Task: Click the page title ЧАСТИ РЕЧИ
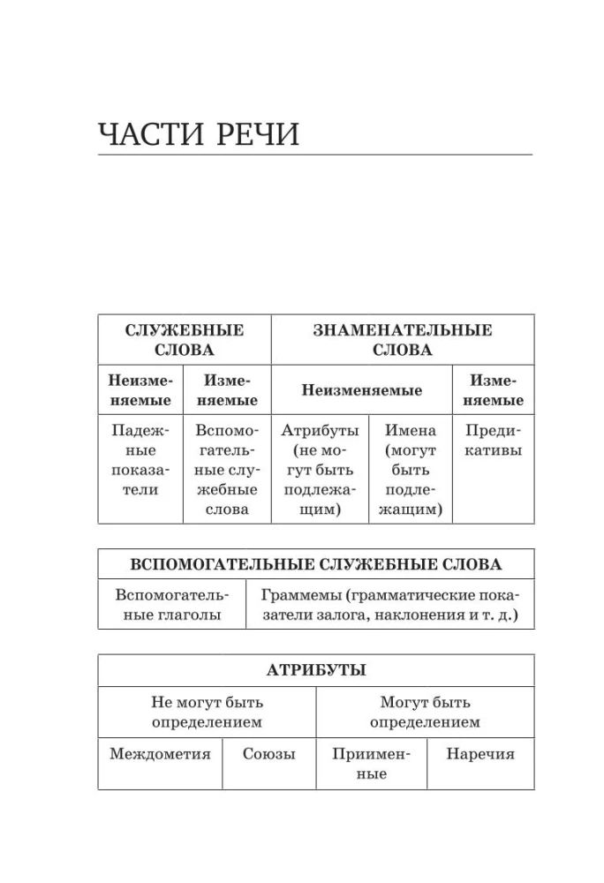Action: coord(199,134)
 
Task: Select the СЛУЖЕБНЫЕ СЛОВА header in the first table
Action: coord(185,340)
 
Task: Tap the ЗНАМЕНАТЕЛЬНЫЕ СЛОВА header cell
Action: coord(403,340)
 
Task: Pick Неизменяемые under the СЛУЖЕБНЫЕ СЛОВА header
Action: coord(140,390)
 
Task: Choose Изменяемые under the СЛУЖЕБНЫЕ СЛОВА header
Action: coord(227,390)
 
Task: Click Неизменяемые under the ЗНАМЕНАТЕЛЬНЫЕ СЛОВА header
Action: coord(362,390)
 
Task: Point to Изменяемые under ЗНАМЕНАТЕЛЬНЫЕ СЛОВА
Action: coord(494,390)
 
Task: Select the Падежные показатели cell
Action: coord(140,460)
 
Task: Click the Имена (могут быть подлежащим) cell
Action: coord(410,470)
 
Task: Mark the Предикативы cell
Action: coord(494,441)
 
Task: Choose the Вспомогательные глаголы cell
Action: coord(171,605)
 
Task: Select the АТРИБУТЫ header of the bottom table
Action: coord(315,670)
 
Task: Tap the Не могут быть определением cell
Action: coord(207,713)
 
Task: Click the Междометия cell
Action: coord(160,754)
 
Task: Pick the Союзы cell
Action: coord(268,754)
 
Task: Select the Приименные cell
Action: coord(371,764)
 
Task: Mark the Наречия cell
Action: coord(479,754)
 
